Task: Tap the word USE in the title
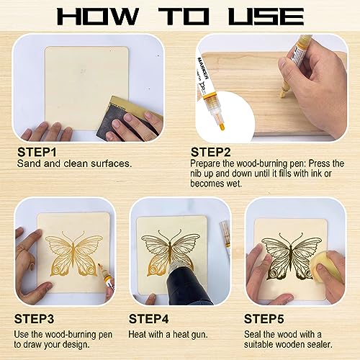[x=266, y=17]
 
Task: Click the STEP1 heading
[x=37, y=152]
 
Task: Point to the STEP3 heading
[x=37, y=317]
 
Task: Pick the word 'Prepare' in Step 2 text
[x=209, y=164]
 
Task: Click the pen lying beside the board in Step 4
[x=225, y=241]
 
